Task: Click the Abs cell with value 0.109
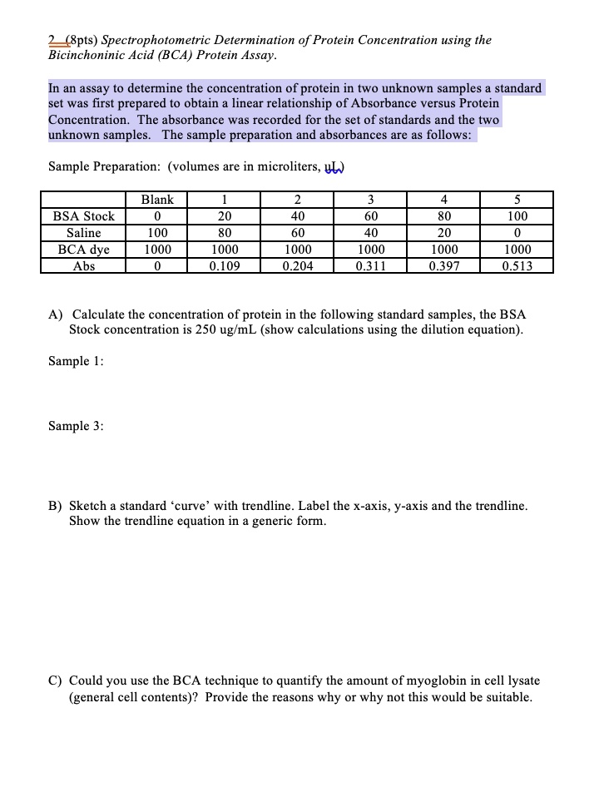pos(224,266)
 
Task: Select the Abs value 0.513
pos(517,266)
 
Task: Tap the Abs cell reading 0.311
pos(370,266)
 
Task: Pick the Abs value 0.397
pos(443,266)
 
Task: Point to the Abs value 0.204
pos(298,266)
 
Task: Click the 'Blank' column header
pos(157,200)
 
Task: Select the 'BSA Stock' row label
pos(84,216)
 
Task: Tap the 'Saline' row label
pos(84,233)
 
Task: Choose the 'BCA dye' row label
pos(84,250)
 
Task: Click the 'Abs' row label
pos(84,266)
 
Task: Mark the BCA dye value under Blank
pos(157,250)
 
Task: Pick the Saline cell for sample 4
pos(443,233)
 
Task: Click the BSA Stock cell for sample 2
pos(298,216)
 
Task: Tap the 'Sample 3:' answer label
pos(76,426)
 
